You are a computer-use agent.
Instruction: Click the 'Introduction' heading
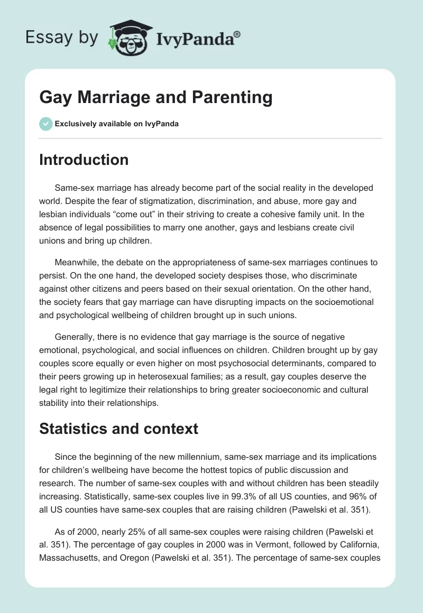coord(84,160)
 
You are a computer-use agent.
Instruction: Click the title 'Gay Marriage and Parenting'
coord(156,98)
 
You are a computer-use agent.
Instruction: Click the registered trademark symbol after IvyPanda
coord(237,33)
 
